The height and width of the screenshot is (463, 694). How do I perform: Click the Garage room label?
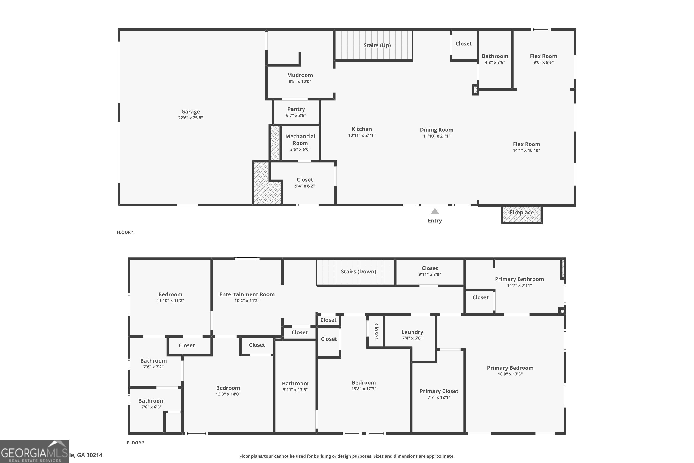(190, 112)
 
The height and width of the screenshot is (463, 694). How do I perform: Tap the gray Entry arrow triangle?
(435, 211)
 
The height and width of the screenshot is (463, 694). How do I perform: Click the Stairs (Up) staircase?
(374, 45)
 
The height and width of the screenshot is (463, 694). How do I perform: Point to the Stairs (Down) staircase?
(356, 272)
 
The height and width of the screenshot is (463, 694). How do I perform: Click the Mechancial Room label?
(300, 140)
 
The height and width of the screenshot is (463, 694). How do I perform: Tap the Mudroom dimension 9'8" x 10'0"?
(300, 81)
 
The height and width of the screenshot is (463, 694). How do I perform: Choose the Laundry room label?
(412, 332)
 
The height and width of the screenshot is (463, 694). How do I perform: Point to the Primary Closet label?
(439, 391)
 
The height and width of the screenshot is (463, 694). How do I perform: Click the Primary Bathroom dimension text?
(519, 285)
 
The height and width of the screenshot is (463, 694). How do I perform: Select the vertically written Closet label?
(376, 331)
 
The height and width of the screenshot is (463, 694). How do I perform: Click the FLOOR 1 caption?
(125, 232)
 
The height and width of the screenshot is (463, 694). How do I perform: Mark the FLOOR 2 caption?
(136, 443)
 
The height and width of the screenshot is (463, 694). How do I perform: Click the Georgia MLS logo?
(34, 451)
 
